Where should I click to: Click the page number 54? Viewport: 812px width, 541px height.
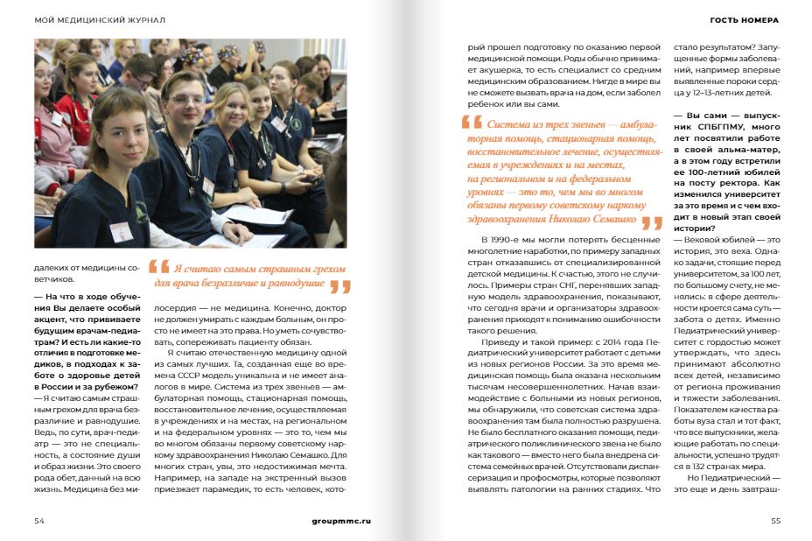(x=38, y=520)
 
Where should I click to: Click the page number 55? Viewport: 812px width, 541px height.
(x=775, y=520)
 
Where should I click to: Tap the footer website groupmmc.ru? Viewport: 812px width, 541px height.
(x=341, y=520)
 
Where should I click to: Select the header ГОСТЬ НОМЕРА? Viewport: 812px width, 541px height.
(x=744, y=19)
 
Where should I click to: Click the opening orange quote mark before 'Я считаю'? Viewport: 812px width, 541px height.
(x=159, y=268)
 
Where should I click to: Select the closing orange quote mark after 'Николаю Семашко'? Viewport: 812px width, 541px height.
(x=651, y=222)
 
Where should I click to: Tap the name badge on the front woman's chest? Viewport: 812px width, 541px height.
(x=121, y=230)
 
